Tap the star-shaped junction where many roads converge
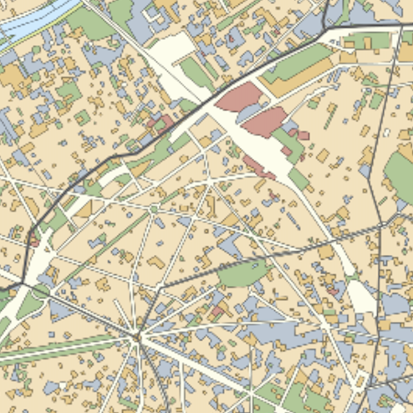tap(137, 336)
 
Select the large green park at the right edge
tap(400, 176)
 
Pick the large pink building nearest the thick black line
tap(239, 97)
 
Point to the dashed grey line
tap(276, 252)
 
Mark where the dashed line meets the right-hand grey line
tap(379, 223)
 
